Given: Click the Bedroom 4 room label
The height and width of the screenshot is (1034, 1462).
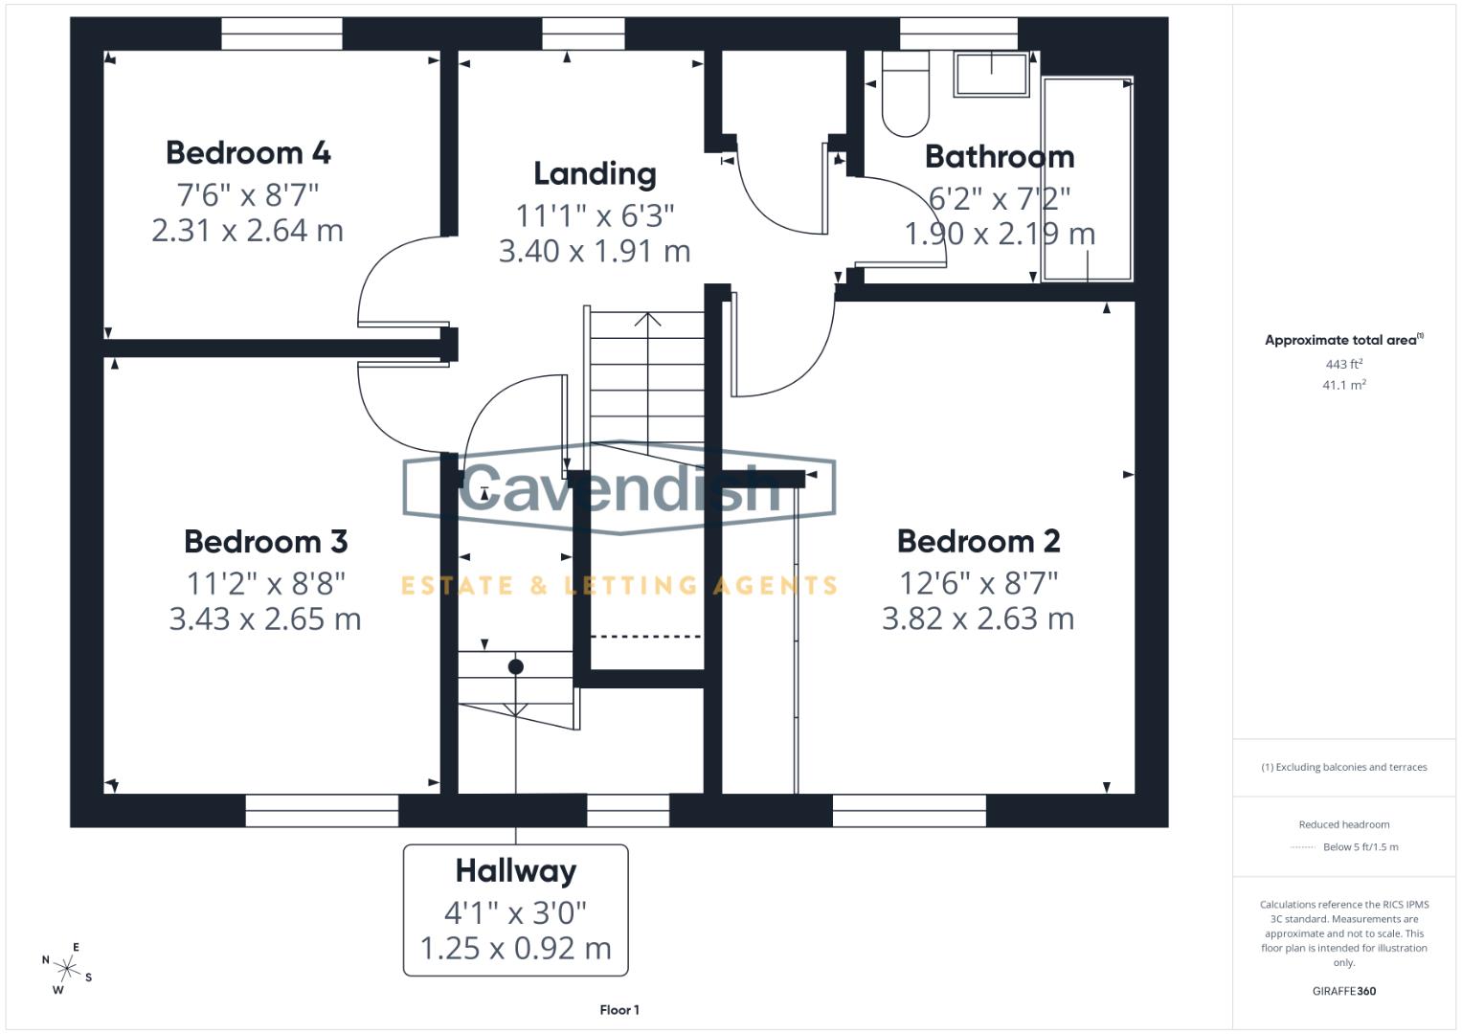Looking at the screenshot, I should pos(248,152).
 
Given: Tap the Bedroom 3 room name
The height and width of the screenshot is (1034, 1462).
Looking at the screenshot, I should pos(265,541).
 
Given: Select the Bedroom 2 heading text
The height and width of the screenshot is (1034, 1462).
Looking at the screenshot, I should pos(978,541).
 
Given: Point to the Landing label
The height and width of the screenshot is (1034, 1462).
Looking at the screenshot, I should pos(595,173).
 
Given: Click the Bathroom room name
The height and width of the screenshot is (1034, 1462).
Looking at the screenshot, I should pos(999,156).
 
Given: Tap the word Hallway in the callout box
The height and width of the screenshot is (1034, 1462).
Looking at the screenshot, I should pos(515,870).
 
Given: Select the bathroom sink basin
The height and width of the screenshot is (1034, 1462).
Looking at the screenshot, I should pos(991,74).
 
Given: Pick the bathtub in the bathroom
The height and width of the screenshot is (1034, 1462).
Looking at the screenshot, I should pos(1087,179).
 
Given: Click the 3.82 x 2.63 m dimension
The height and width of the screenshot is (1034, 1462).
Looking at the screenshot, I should pos(978,618).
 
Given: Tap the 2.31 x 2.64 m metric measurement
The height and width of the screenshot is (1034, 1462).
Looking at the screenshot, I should pos(247,231).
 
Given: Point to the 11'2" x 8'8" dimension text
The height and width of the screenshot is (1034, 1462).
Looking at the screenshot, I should pos(265,582).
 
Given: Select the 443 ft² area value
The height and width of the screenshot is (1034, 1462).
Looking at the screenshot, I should pos(1343,364).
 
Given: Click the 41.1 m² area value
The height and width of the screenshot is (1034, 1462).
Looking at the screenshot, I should pos(1343,385).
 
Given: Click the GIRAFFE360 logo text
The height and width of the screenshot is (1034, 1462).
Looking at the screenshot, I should pos(1343,991).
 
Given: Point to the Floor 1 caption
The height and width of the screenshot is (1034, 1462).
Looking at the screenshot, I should pos(619,1010).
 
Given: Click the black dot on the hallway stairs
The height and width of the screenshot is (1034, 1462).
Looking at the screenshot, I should pos(515,666).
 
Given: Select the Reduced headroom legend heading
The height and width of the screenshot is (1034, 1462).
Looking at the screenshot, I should pos(1343,824).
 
